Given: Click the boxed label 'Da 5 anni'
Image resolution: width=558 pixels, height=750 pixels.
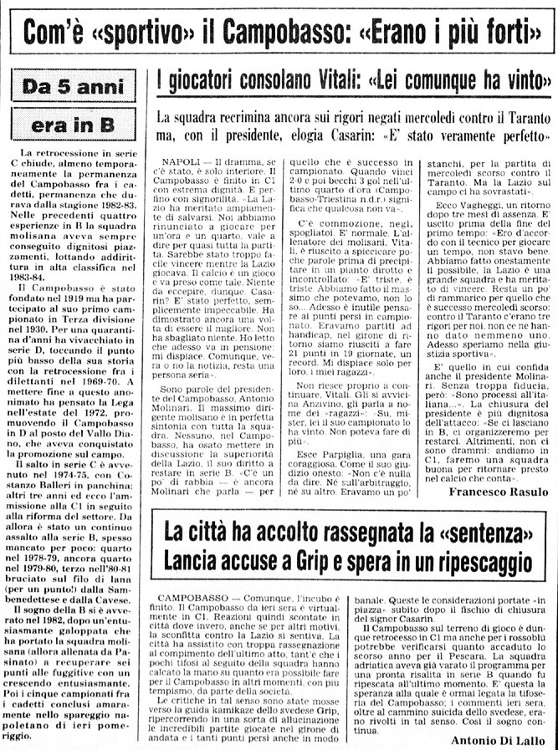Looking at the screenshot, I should click(x=73, y=86).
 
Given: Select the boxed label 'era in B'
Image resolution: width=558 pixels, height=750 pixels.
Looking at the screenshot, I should click(x=73, y=125).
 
